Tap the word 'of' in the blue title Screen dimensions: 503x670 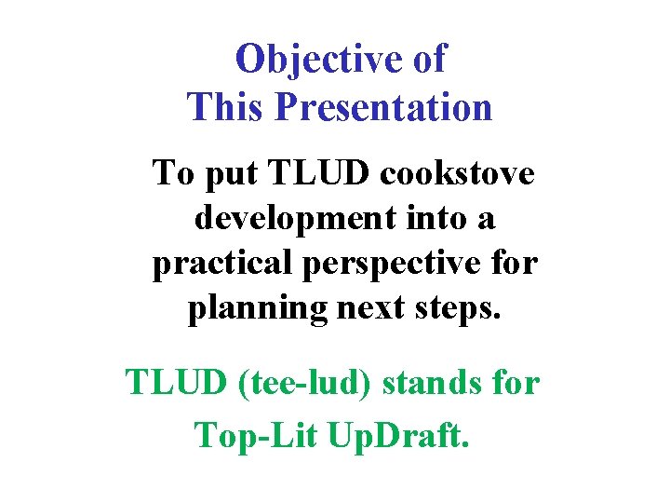(427, 60)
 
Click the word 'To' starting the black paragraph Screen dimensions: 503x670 (171, 173)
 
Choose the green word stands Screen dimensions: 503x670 (435, 382)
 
